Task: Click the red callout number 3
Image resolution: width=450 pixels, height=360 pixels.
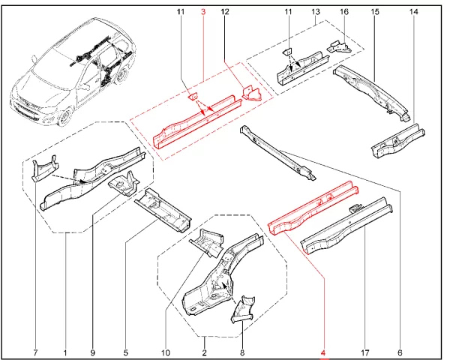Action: [x=203, y=13]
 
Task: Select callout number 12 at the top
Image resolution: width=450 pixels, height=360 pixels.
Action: [x=225, y=13]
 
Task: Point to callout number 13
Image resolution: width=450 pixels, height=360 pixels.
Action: [x=316, y=13]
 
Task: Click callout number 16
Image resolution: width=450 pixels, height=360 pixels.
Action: [x=344, y=13]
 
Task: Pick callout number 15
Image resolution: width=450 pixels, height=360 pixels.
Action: [x=374, y=13]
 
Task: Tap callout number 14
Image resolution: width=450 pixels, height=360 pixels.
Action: [x=413, y=13]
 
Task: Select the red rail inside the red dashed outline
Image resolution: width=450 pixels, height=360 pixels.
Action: [x=199, y=120]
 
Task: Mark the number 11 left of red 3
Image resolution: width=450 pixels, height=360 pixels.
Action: [x=181, y=13]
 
